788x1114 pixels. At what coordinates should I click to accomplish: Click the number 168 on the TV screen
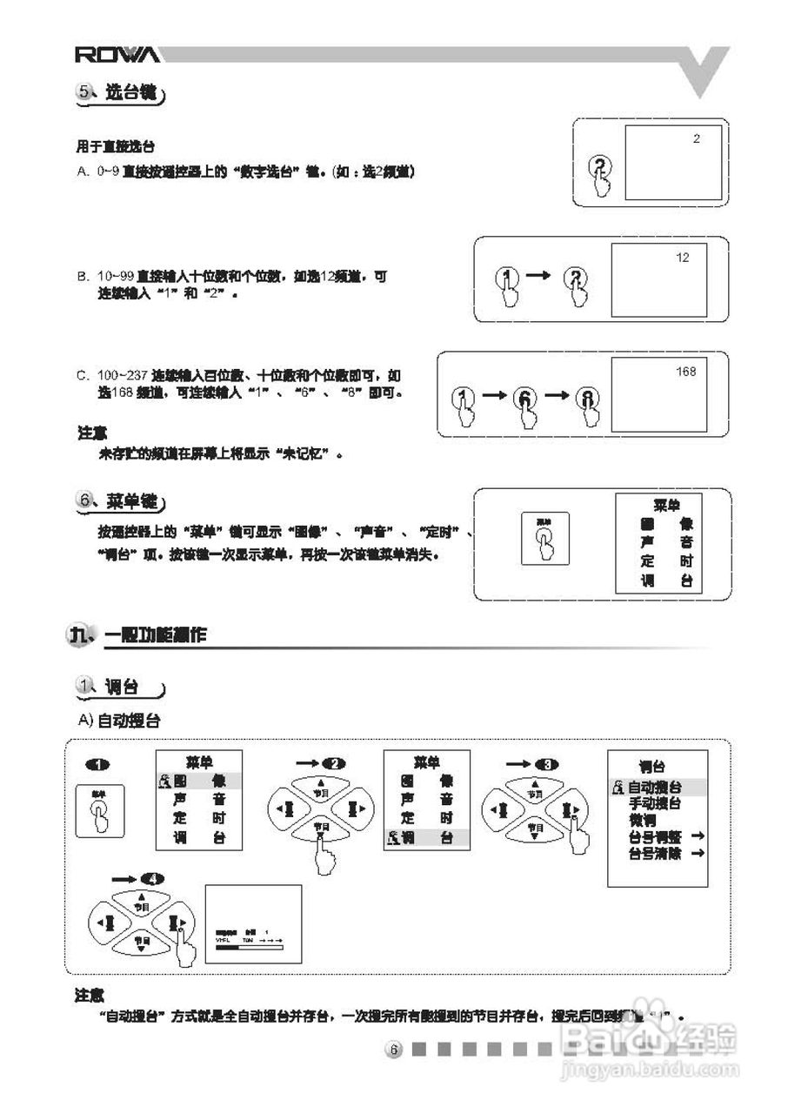point(685,372)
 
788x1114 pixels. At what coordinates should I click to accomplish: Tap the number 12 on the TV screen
point(682,257)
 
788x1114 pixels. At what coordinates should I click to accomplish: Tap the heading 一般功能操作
point(155,635)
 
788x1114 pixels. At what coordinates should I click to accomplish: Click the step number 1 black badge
point(97,764)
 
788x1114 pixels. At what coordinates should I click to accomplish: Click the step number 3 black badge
point(545,764)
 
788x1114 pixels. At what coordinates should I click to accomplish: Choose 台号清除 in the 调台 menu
point(654,854)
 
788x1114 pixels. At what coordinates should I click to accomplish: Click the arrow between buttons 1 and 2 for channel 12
point(539,275)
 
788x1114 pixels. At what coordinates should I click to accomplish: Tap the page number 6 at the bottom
point(393,1050)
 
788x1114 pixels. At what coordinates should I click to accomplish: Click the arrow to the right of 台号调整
point(695,836)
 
